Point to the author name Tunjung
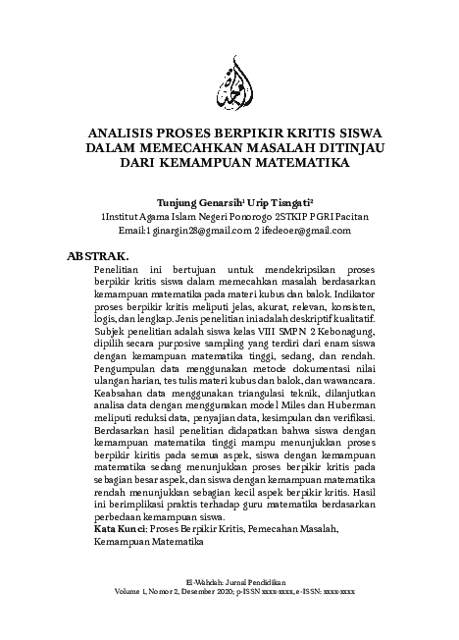click(x=163, y=197)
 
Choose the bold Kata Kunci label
click(x=119, y=530)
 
